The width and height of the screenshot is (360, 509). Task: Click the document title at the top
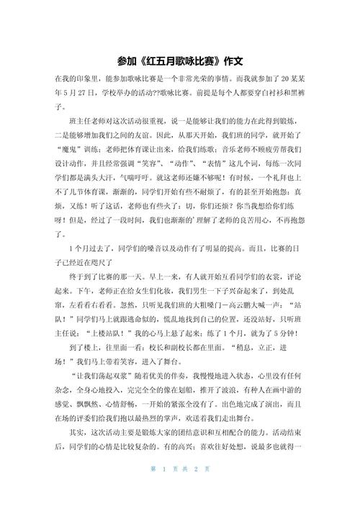pyautogui.click(x=179, y=60)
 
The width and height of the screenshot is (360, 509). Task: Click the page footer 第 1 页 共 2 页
pyautogui.click(x=179, y=491)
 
